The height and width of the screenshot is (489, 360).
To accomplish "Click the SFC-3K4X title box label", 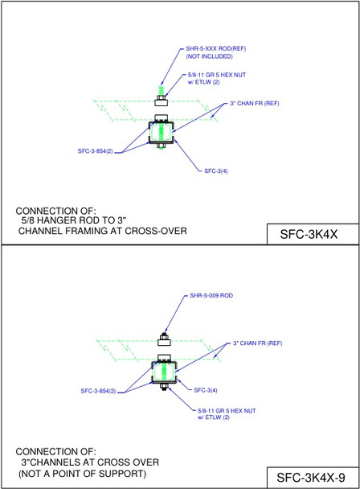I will [x=313, y=233].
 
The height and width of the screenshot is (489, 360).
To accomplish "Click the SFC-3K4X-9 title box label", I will [x=313, y=476].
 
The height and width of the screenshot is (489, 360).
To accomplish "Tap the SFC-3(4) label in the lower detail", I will [x=207, y=390].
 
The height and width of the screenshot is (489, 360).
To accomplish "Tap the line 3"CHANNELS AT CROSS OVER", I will [x=89, y=462].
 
